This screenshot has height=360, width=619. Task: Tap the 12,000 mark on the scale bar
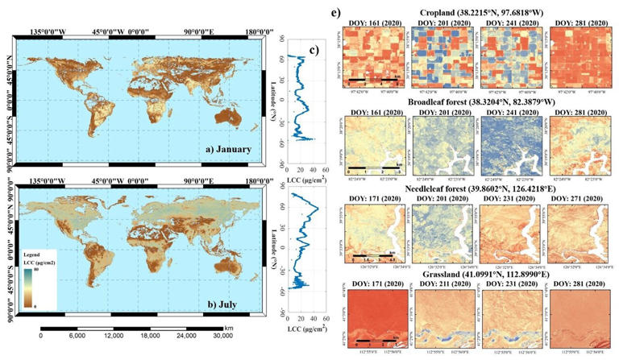pyautogui.click(x=113, y=337)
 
